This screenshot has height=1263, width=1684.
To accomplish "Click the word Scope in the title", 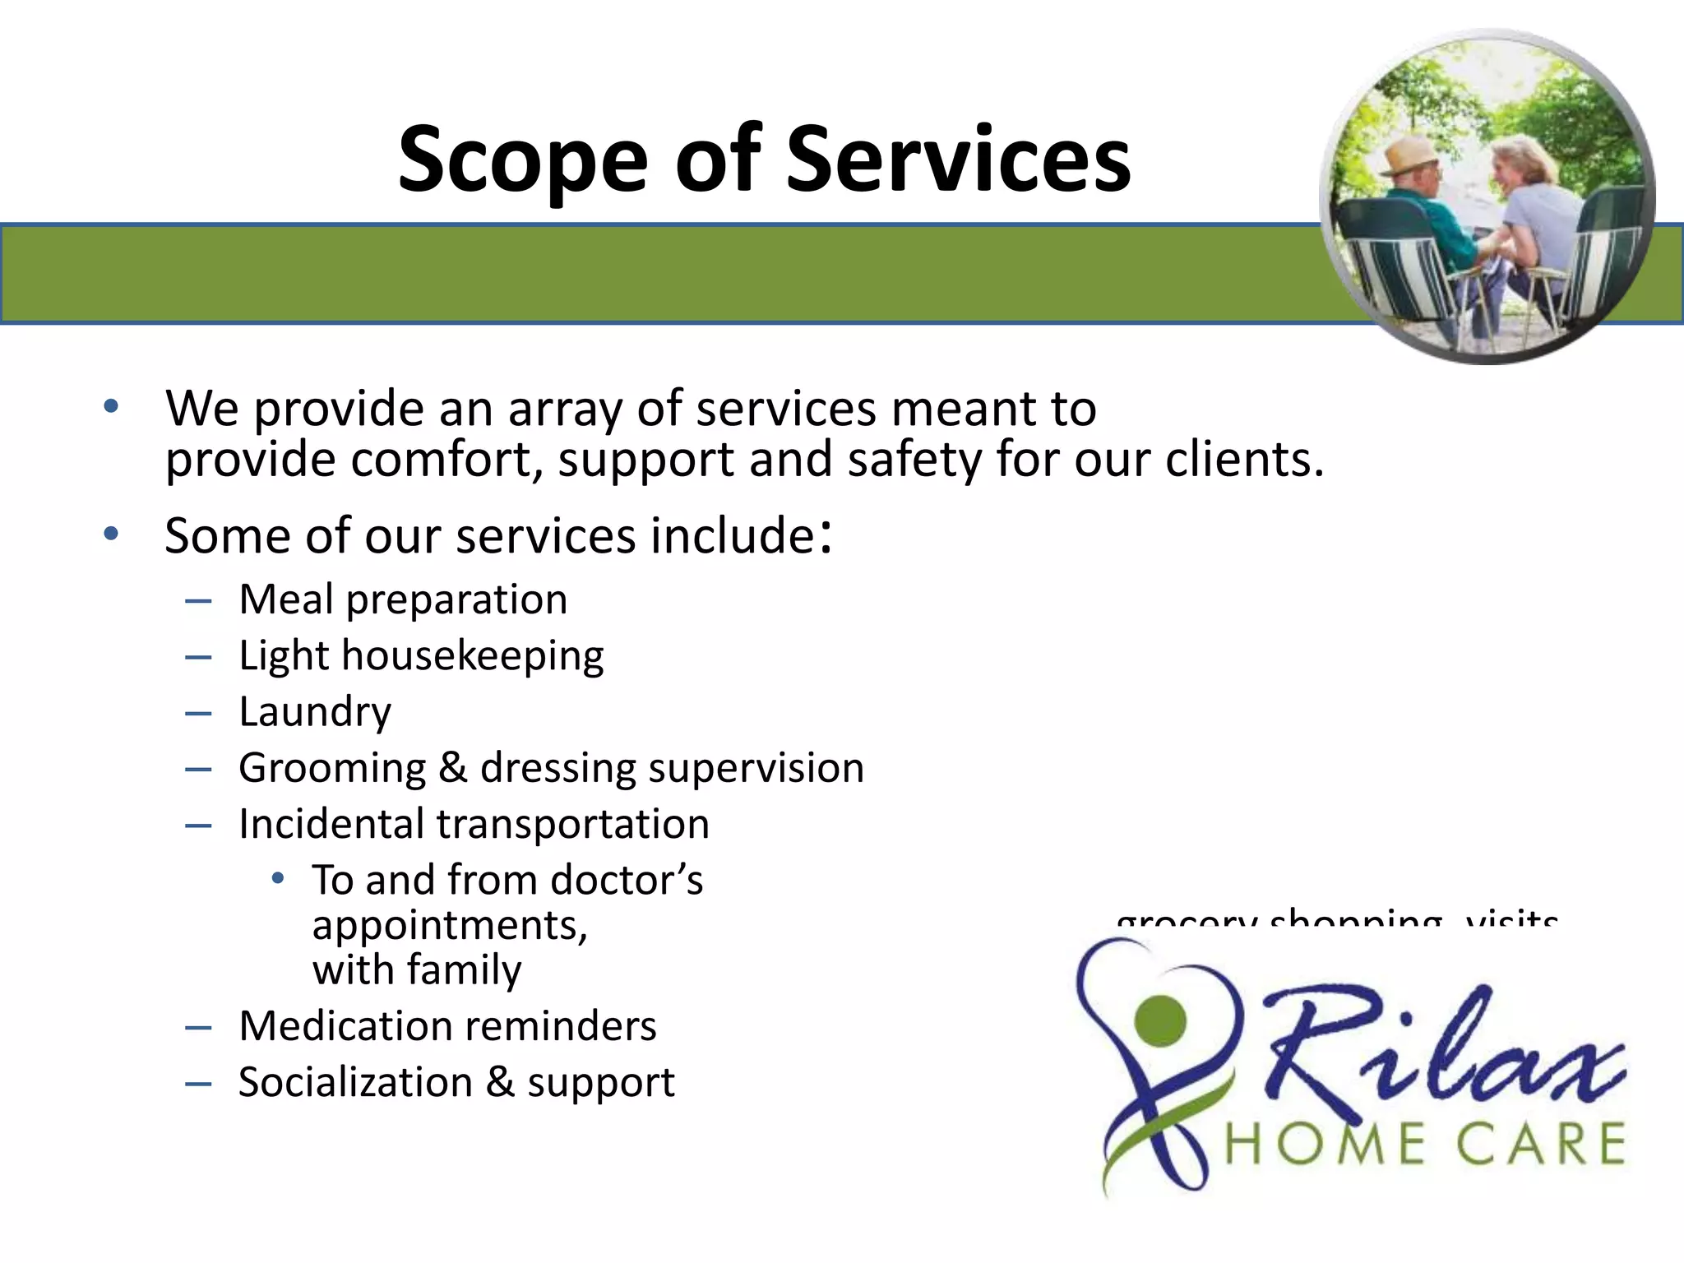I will [x=523, y=160].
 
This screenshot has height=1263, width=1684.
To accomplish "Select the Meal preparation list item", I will [x=403, y=599].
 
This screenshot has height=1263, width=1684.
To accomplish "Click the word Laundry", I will [x=315, y=711].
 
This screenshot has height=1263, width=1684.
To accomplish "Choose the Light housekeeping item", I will [x=421, y=655].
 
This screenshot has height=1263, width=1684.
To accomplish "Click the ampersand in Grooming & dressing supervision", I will [x=453, y=767].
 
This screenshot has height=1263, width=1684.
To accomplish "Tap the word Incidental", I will [x=331, y=824].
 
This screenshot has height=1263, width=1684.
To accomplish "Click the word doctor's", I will [x=627, y=880].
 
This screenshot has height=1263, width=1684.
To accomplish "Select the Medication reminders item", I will [x=447, y=1026].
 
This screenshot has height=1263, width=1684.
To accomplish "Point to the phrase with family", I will [x=417, y=969].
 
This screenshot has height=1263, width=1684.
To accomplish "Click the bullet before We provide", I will [x=111, y=407].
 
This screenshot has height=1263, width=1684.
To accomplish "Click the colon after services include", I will [x=826, y=536].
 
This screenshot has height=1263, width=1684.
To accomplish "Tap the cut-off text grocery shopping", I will [x=1279, y=918].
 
